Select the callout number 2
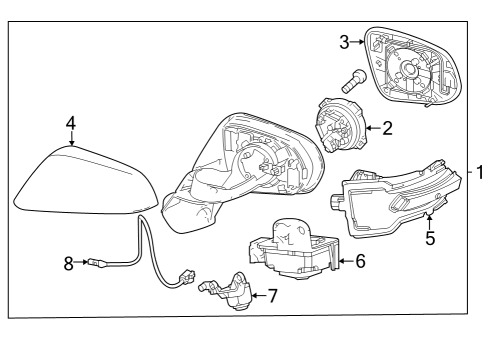coord(388,127)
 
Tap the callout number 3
coord(343,41)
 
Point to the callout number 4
coord(71,122)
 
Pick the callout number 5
coord(430,239)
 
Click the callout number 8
coord(69,264)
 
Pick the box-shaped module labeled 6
coord(292,252)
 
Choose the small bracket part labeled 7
coord(231,291)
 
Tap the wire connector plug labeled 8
coord(95,265)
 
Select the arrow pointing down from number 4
coord(71,138)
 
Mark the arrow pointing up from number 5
coord(430,222)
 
